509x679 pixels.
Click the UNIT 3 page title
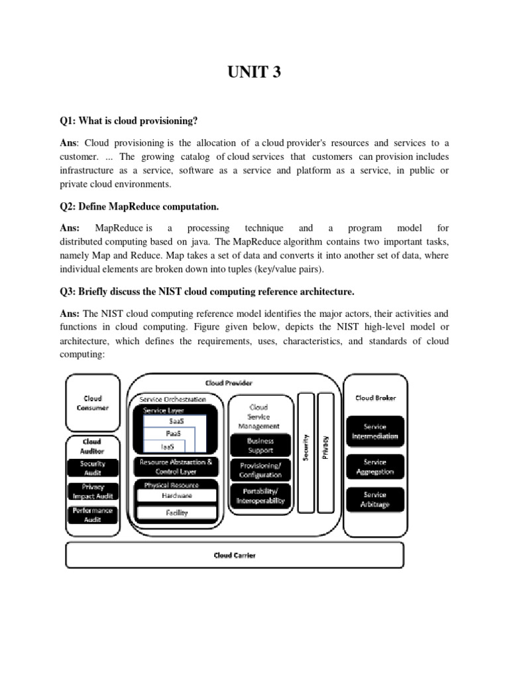click(254, 72)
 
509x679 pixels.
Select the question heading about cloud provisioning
click(130, 120)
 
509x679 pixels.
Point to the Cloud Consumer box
click(93, 403)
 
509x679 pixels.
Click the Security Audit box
click(93, 468)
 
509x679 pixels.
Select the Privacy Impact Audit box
click(93, 491)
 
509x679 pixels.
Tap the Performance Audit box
click(93, 515)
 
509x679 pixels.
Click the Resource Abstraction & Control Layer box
click(176, 466)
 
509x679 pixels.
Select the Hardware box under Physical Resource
click(176, 495)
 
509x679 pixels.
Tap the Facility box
click(176, 513)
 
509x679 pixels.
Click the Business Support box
click(260, 445)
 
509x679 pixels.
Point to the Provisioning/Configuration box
click(260, 470)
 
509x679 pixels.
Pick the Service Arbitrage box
click(375, 499)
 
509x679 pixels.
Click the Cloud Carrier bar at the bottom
click(234, 555)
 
